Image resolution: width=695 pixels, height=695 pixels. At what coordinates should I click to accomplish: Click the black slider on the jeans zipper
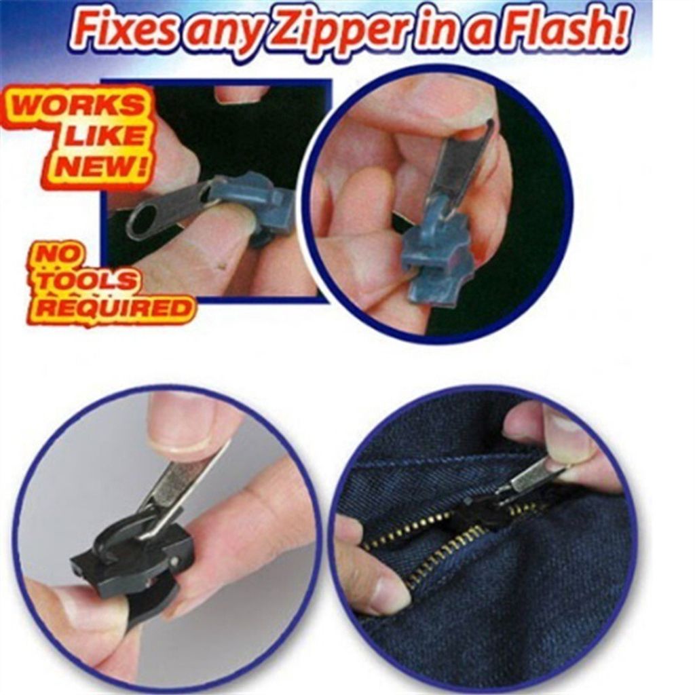[x=476, y=510]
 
